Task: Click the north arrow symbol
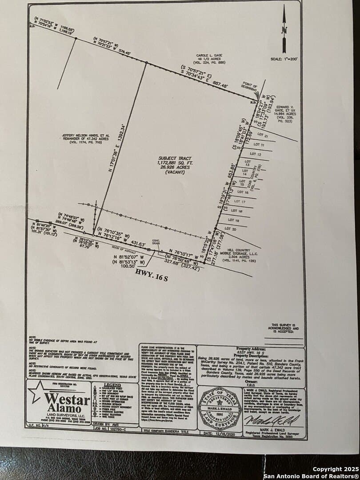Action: pos(284,32)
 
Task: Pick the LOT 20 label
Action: pos(231,228)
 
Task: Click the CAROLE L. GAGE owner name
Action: pos(209,56)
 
